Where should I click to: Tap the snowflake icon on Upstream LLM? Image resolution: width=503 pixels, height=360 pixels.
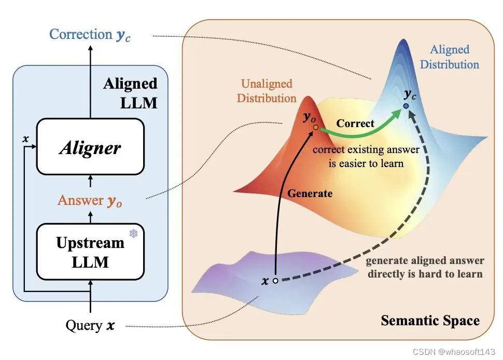coord(133,234)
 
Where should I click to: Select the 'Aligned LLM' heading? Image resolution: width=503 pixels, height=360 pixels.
coord(130,92)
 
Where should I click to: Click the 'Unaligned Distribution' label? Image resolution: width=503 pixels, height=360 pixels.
coord(267,91)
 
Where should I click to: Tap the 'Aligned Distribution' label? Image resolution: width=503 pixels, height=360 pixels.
coord(449,57)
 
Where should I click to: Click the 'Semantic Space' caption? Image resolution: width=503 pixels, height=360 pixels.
coord(430,321)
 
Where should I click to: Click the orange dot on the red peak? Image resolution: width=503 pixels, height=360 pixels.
coord(314,126)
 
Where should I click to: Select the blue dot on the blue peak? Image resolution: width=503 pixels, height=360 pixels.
coord(406,106)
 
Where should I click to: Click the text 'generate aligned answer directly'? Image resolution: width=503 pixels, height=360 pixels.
coord(425,267)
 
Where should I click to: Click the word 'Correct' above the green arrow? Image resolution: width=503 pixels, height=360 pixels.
coord(355,123)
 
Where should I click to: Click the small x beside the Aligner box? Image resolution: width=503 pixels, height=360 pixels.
coord(25,140)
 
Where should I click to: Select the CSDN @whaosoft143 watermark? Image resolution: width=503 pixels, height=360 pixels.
coord(455,352)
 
